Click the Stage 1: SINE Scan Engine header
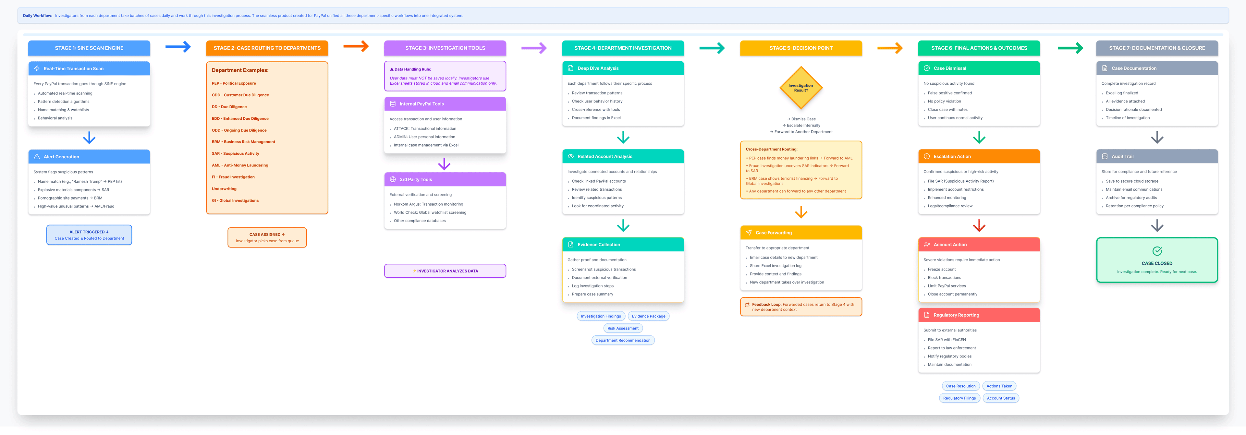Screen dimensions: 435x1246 pyautogui.click(x=89, y=48)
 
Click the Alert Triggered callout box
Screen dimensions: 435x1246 pyautogui.click(x=89, y=235)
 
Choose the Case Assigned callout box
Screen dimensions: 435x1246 pyautogui.click(x=267, y=237)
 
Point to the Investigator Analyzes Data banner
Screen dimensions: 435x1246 pyautogui.click(x=445, y=271)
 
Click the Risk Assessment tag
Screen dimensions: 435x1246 pyautogui.click(x=623, y=328)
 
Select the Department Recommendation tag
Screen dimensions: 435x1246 pyautogui.click(x=623, y=340)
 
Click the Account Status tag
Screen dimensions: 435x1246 pyautogui.click(x=1001, y=398)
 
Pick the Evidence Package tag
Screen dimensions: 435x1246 pyautogui.click(x=648, y=316)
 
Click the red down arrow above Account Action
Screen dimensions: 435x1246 pyautogui.click(x=979, y=226)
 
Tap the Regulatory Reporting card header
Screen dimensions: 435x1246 pyautogui.click(x=979, y=315)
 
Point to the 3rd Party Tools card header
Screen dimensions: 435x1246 pyautogui.click(x=445, y=179)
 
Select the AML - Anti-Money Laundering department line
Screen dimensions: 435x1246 pyautogui.click(x=240, y=165)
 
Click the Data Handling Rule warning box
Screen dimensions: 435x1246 pyautogui.click(x=445, y=76)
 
